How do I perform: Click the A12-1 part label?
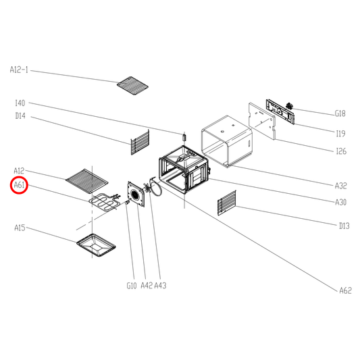pos(19,70)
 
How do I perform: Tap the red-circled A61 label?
pos(20,185)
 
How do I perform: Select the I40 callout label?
pos(20,103)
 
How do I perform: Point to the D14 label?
pos(20,116)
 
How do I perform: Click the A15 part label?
pos(20,228)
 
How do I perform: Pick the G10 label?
pos(132,286)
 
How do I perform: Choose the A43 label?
pos(160,286)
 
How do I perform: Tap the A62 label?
pos(346,290)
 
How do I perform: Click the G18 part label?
pos(340,113)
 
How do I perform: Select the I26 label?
pos(341,151)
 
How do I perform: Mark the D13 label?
pos(344,226)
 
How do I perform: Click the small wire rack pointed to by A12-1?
pos(132,86)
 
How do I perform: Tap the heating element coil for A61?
pos(105,201)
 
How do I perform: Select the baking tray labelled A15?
pos(96,245)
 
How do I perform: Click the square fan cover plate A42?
pos(136,195)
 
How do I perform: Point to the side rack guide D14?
pos(140,143)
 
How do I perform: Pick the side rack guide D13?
pos(227,203)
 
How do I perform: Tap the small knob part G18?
pos(290,106)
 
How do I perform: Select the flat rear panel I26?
pos(262,121)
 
